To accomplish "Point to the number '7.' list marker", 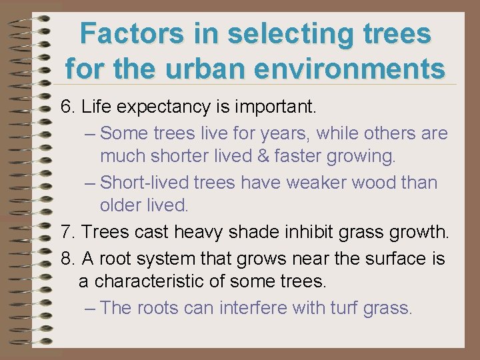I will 68,233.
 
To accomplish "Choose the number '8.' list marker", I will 68,257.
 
